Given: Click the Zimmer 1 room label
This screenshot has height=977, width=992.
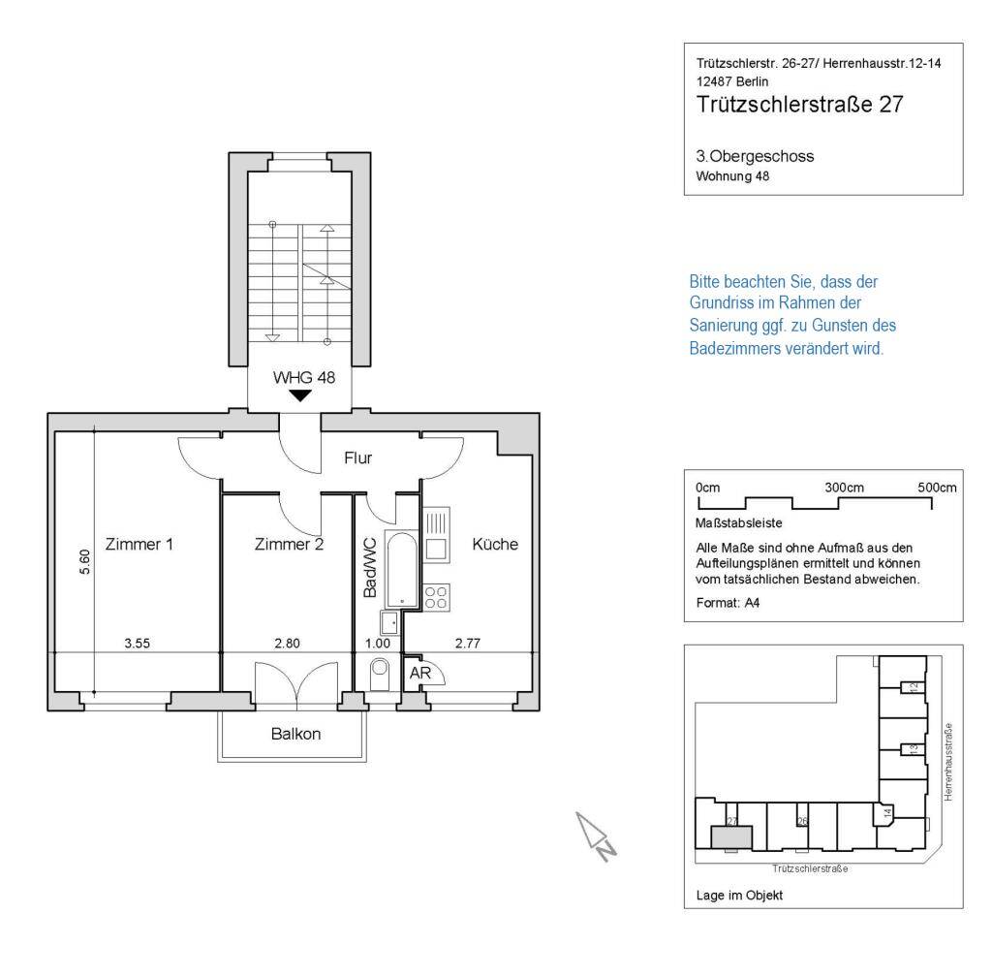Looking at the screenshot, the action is tap(139, 544).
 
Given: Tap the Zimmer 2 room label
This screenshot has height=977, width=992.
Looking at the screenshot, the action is tap(289, 544).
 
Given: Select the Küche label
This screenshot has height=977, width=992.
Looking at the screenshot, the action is tap(495, 544).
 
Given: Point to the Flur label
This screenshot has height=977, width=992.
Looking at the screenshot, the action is tap(358, 457).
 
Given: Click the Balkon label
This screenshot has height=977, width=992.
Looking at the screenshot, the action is tap(295, 734).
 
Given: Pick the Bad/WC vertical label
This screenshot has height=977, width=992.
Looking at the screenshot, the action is tap(370, 568).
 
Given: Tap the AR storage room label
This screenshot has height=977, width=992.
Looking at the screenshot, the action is tap(419, 673).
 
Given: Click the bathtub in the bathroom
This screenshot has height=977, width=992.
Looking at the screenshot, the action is tap(402, 570).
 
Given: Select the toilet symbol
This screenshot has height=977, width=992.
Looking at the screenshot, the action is tap(380, 674).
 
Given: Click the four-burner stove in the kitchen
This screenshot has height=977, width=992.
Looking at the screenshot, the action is tap(436, 597).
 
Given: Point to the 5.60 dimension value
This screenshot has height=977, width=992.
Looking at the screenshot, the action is tap(84, 562).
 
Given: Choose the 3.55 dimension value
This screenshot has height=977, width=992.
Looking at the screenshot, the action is tap(138, 644).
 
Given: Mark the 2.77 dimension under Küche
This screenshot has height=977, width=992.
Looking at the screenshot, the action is tap(468, 644).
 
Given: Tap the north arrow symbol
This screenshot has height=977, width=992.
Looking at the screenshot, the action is tap(596, 836).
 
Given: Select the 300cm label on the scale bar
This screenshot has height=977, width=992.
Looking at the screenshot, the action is tap(844, 488).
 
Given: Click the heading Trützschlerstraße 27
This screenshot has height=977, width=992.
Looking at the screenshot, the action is tap(799, 105).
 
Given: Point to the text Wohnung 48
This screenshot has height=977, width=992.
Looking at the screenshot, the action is tap(732, 176).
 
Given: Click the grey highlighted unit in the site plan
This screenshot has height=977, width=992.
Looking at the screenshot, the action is tap(732, 836).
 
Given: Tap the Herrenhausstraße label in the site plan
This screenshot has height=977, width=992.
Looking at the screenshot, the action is tap(947, 763).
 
